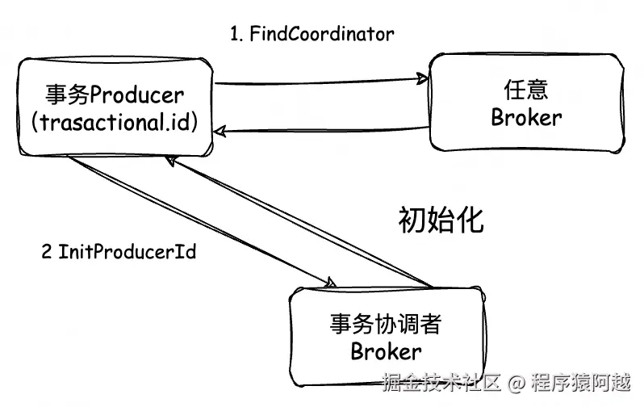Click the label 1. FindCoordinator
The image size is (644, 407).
coord(312,34)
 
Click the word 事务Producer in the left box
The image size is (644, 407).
coord(114,95)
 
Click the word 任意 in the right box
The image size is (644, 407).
coord(526,89)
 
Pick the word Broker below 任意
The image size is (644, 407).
coord(526,117)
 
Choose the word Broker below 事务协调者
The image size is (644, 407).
coord(386,352)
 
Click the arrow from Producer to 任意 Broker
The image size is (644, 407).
coord(323,81)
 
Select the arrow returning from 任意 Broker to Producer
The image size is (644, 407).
coord(323,129)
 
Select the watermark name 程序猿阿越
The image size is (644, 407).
coord(581,381)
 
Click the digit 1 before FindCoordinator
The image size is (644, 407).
coord(235,34)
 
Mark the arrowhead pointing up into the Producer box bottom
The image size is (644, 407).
coord(171,160)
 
